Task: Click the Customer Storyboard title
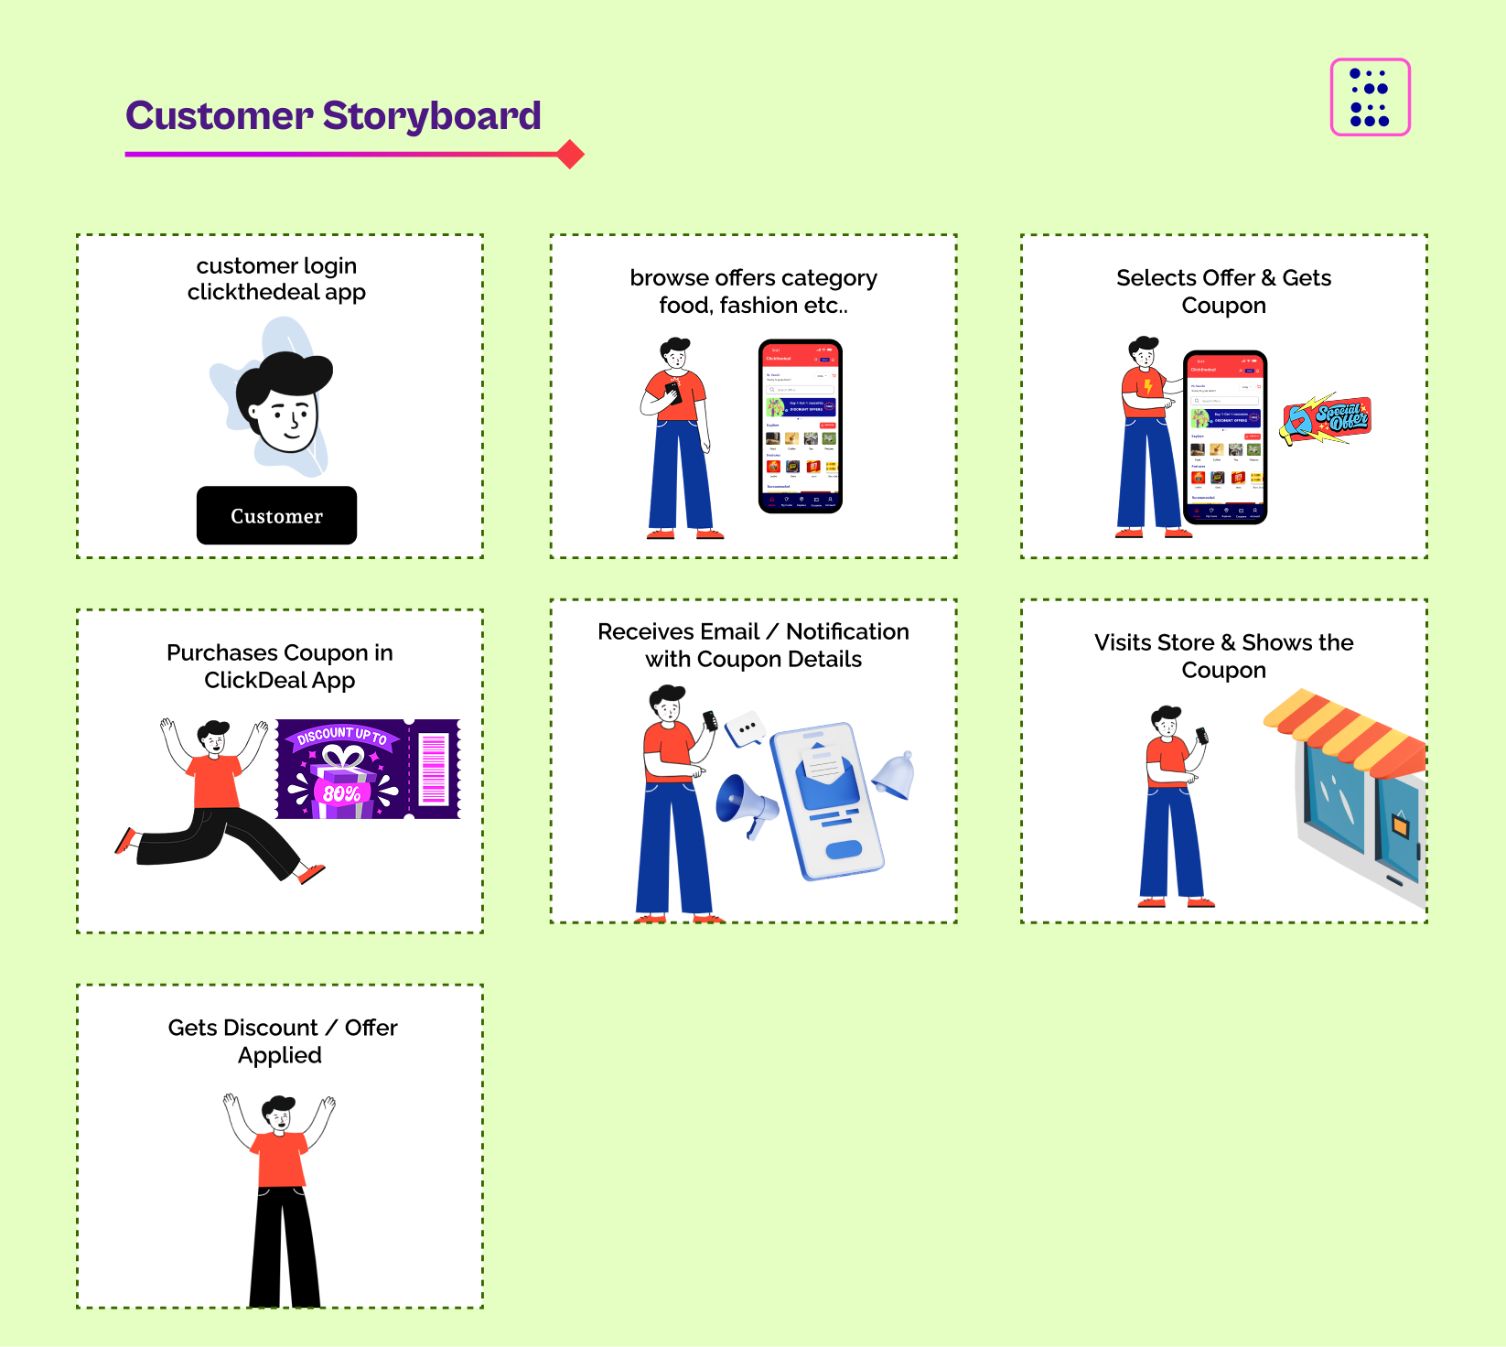tap(333, 116)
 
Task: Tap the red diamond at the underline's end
tap(570, 155)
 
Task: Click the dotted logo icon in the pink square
tap(1370, 97)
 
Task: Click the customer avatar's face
tap(285, 416)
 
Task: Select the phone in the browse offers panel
tap(801, 426)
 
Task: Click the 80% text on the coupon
tap(341, 793)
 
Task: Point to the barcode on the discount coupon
tap(433, 769)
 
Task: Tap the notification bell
tap(895, 775)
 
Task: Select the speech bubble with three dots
tap(746, 728)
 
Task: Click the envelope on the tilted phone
tap(827, 774)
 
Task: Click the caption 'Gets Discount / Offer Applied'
tap(282, 1041)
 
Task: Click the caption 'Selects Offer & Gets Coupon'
tap(1223, 291)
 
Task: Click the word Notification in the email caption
tap(847, 631)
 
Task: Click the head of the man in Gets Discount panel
tap(279, 1114)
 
